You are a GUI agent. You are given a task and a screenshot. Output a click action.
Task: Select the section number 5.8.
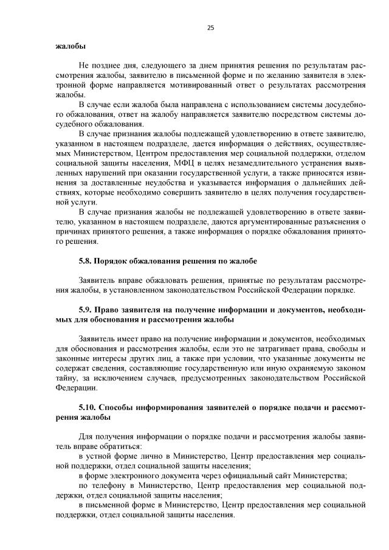(88, 261)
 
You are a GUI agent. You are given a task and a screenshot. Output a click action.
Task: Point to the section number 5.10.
(89, 406)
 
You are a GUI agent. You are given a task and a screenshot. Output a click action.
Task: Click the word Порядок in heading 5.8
(117, 261)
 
